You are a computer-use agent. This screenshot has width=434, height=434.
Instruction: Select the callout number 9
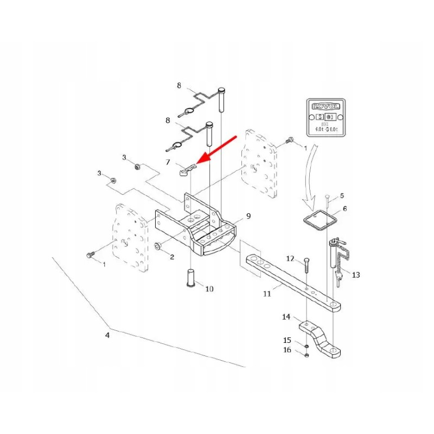click(x=248, y=216)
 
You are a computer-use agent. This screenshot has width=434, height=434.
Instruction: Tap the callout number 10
click(x=209, y=289)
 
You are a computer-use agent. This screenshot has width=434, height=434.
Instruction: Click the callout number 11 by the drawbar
click(x=266, y=293)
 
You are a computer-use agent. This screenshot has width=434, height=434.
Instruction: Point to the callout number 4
click(x=107, y=335)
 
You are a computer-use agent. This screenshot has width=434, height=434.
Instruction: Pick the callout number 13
click(x=356, y=275)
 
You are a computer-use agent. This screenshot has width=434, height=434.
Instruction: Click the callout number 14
click(x=286, y=317)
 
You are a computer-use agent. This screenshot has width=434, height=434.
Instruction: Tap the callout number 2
click(x=172, y=257)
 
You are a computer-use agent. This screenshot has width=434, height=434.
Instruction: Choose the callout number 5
click(x=342, y=195)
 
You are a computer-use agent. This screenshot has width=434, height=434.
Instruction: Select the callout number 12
click(x=290, y=258)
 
